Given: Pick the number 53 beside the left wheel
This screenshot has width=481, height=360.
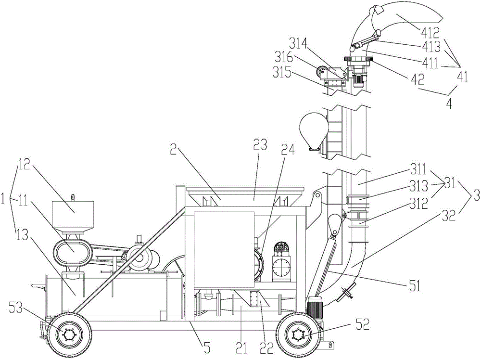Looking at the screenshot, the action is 16,308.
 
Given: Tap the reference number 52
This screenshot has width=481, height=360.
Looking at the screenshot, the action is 362,325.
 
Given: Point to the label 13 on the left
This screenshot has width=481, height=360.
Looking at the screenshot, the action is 22,235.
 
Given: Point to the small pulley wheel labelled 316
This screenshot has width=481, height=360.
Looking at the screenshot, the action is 321,73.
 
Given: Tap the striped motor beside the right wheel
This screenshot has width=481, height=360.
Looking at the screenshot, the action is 316,308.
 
